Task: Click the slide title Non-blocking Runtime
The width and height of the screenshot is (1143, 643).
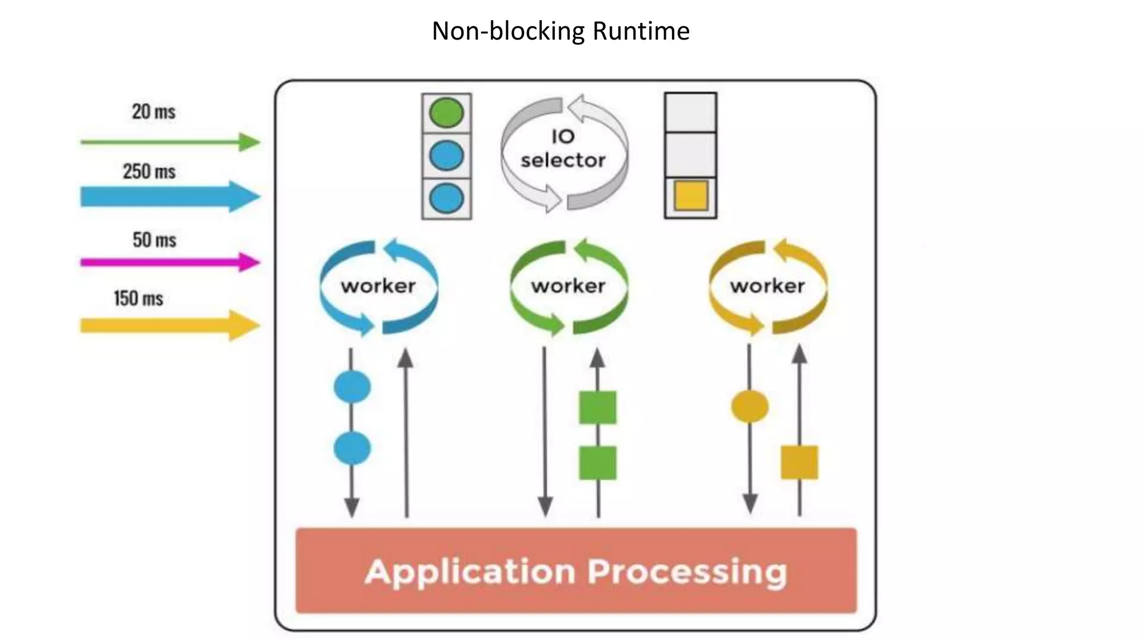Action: coord(560,31)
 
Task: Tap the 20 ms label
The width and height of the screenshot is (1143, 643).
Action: coord(153,112)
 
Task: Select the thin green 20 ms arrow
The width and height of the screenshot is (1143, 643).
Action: coord(167,142)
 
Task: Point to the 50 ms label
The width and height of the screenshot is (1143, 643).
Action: coord(154,240)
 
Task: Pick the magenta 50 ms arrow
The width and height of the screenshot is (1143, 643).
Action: coord(167,262)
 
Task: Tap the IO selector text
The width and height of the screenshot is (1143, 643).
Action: coord(563,148)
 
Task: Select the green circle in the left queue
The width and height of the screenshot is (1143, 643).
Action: coord(446,113)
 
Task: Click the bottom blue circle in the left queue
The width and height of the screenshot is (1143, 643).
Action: coord(446,198)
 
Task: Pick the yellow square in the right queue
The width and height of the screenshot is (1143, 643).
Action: coord(691,196)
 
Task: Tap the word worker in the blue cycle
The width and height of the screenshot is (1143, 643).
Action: coord(378,286)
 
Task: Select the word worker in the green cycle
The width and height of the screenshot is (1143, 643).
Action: coord(568,286)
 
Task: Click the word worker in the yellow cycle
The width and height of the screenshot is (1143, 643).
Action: coord(767,286)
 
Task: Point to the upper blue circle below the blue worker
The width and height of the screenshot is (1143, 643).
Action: coord(352,386)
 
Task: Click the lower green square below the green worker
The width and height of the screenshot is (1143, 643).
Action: coord(598,463)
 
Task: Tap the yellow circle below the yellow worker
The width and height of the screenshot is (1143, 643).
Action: coord(750,406)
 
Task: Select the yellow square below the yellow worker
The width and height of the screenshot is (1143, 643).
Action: coord(799,462)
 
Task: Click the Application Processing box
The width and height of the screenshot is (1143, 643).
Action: coord(576,571)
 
